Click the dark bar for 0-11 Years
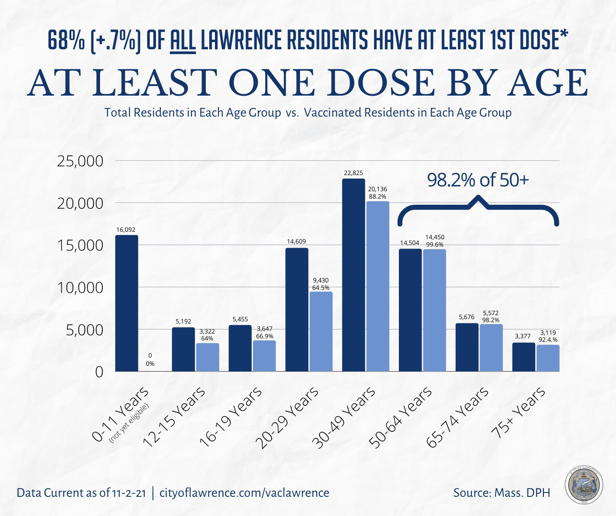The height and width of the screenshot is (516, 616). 126,303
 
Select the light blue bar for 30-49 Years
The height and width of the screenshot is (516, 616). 377,286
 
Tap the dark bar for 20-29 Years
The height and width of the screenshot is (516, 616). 297,310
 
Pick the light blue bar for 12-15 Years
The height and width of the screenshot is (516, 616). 208,357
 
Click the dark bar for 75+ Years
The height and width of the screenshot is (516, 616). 523,357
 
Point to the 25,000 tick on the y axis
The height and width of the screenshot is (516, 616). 80,161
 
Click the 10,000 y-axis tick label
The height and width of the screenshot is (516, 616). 80,288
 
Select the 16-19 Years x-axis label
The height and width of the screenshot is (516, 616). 231,417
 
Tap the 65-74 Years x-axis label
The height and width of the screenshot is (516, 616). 457,417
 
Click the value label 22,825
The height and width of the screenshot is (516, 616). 353,173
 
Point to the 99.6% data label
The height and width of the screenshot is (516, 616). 434,244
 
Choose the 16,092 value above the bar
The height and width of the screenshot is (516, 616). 126,230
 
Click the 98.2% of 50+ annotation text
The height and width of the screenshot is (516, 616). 478,180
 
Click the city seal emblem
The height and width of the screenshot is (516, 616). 584,486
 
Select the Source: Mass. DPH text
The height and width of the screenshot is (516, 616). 502,493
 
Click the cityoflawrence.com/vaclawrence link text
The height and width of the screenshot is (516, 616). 244,493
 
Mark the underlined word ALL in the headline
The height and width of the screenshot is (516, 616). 183,41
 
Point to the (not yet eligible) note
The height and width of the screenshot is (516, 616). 129,423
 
